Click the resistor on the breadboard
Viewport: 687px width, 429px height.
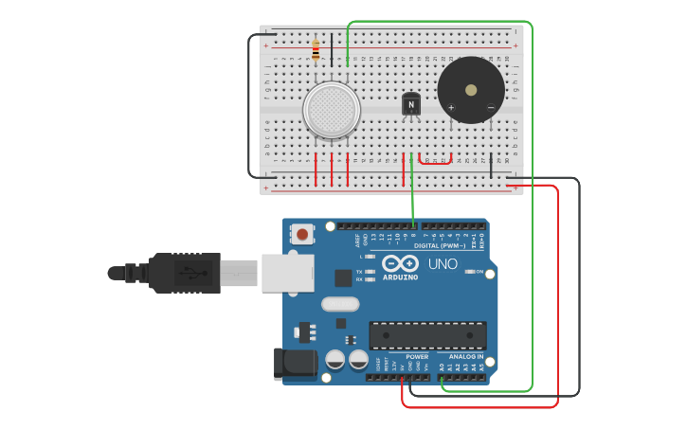(x=316, y=50)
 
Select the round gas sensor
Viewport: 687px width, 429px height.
(x=331, y=109)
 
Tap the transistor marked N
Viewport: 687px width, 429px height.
(x=410, y=104)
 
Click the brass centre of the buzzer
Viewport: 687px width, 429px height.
(x=471, y=90)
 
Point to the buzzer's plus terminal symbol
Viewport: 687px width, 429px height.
(x=451, y=107)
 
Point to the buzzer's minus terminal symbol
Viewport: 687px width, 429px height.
(x=490, y=107)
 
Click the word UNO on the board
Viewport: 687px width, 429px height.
(x=443, y=264)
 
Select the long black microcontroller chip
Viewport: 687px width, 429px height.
(x=427, y=334)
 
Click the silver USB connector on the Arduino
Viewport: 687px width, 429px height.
(x=287, y=272)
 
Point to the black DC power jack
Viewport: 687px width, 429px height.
(x=295, y=364)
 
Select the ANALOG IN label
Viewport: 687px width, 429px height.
(x=465, y=357)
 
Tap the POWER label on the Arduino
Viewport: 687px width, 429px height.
(x=417, y=357)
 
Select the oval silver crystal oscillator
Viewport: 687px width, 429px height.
(x=340, y=304)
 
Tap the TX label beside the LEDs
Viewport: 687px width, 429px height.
(x=360, y=271)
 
